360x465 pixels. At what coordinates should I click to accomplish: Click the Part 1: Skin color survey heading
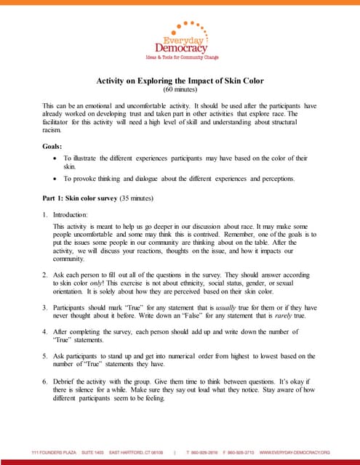[97, 198]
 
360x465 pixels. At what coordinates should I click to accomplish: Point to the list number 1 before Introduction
[45, 214]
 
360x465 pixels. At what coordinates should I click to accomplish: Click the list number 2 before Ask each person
[45, 275]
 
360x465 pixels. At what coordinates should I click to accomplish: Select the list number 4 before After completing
[45, 332]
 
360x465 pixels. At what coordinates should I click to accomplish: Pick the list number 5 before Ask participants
[45, 356]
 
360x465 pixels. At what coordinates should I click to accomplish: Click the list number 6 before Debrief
[45, 380]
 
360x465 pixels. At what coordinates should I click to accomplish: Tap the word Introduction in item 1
[71, 214]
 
